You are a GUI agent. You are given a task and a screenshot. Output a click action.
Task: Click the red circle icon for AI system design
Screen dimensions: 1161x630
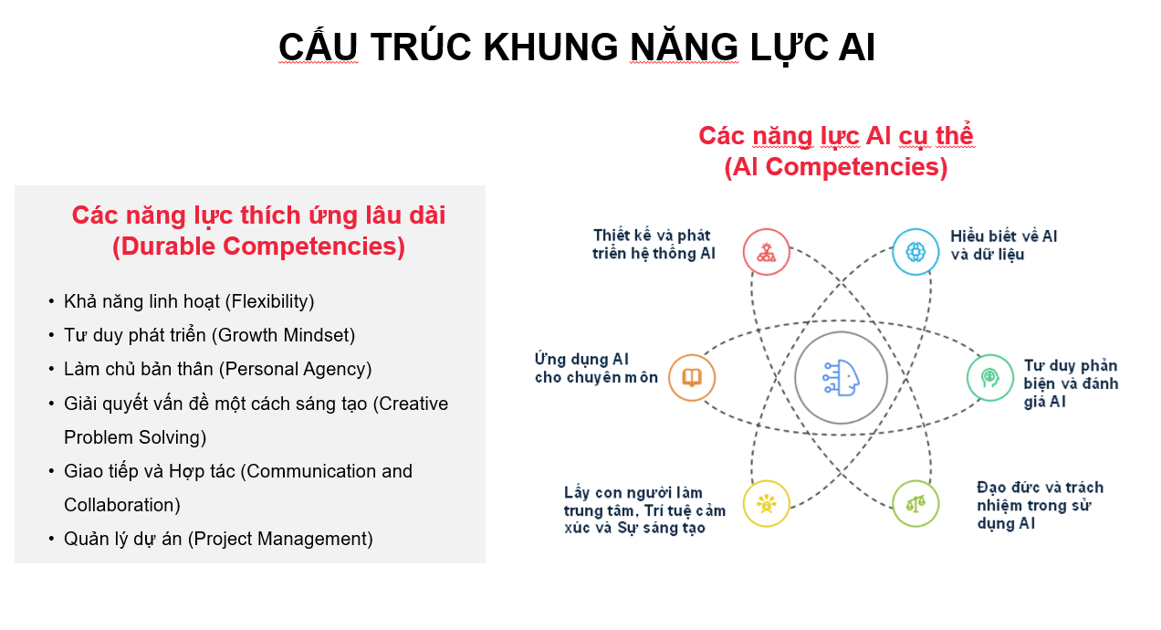click(x=766, y=252)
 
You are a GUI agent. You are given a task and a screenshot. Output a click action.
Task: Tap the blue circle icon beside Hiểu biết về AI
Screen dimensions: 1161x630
click(x=915, y=252)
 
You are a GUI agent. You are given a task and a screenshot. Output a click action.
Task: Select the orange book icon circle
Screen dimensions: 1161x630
click(x=692, y=377)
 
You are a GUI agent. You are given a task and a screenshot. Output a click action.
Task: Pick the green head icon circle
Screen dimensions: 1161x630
click(x=990, y=377)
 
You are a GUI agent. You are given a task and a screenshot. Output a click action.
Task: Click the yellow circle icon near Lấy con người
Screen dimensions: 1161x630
click(x=766, y=503)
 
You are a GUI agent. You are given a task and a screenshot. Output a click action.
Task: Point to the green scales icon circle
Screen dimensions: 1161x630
click(x=915, y=503)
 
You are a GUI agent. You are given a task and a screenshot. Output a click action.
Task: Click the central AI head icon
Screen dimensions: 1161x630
click(x=841, y=377)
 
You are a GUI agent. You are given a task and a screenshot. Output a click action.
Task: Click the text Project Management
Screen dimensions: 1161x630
click(x=280, y=539)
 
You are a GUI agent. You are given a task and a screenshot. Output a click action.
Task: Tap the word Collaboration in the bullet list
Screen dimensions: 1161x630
click(x=120, y=505)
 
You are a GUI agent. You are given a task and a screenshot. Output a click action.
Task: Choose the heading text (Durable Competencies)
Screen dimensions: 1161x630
click(x=258, y=246)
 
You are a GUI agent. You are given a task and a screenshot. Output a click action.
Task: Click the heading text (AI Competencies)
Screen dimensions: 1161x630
click(x=835, y=166)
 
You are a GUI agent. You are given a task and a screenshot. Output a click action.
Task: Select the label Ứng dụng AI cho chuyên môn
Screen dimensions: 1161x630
click(x=596, y=368)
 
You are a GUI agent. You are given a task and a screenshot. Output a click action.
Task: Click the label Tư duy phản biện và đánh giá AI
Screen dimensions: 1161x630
click(x=1071, y=383)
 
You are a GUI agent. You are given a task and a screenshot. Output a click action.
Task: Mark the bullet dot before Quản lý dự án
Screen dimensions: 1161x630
click(x=51, y=539)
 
